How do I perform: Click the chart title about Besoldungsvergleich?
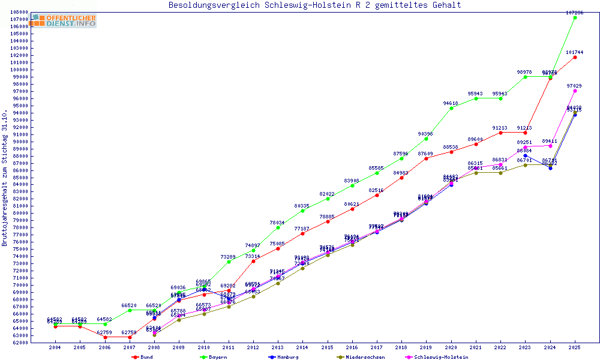tap(315, 5)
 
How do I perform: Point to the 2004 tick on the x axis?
tap(55, 347)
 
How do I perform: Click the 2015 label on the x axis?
tap(327, 347)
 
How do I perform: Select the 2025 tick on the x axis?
tap(575, 347)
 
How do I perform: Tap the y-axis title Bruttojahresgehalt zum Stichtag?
tap(5, 178)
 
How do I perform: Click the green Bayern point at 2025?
tap(575, 17)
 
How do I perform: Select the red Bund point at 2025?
tap(575, 57)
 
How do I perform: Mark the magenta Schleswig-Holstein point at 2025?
tap(575, 91)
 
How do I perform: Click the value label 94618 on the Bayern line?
tap(451, 103)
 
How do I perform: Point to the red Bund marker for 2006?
tap(105, 337)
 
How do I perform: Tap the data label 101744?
tap(574, 52)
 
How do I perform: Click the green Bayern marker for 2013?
tap(278, 227)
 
